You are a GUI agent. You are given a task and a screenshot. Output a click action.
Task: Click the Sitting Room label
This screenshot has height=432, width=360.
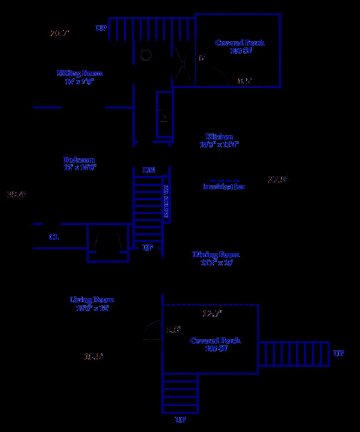pyautogui.click(x=80, y=73)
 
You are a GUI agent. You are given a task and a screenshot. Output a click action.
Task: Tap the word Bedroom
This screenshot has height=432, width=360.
pyautogui.click(x=79, y=160)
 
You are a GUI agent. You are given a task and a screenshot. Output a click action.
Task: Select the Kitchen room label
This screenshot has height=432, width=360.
pyautogui.click(x=219, y=137)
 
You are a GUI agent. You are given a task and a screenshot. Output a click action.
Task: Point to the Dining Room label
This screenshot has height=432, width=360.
pyautogui.click(x=216, y=254)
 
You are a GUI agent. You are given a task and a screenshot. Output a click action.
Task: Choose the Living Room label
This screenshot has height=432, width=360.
pyautogui.click(x=92, y=300)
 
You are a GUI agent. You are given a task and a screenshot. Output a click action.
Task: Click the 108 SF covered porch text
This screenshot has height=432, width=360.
pyautogui.click(x=241, y=51)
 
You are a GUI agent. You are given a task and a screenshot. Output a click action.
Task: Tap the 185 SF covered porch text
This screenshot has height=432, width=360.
pyautogui.click(x=216, y=348)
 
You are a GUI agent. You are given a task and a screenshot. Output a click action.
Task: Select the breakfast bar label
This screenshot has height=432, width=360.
pyautogui.click(x=224, y=186)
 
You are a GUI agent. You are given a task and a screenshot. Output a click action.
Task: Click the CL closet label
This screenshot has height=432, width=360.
pyautogui.click(x=54, y=237)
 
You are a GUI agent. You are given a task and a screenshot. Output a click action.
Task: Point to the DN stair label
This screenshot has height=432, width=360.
pyautogui.click(x=149, y=170)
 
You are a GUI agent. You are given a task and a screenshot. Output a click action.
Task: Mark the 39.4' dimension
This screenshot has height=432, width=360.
pyautogui.click(x=17, y=194)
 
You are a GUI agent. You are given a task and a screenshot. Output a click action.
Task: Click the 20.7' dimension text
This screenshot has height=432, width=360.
pyautogui.click(x=59, y=33)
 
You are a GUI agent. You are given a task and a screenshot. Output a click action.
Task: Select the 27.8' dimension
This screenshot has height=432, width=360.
pyautogui.click(x=277, y=179)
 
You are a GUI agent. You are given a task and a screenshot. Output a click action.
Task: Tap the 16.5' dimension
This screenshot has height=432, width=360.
pyautogui.click(x=93, y=356)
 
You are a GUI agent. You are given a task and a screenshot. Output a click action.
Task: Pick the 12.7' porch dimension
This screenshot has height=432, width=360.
pyautogui.click(x=212, y=314)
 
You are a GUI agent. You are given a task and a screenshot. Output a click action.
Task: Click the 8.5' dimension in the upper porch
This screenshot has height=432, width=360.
pyautogui.click(x=245, y=81)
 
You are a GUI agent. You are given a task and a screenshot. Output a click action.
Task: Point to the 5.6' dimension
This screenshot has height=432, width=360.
pyautogui.click(x=173, y=330)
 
